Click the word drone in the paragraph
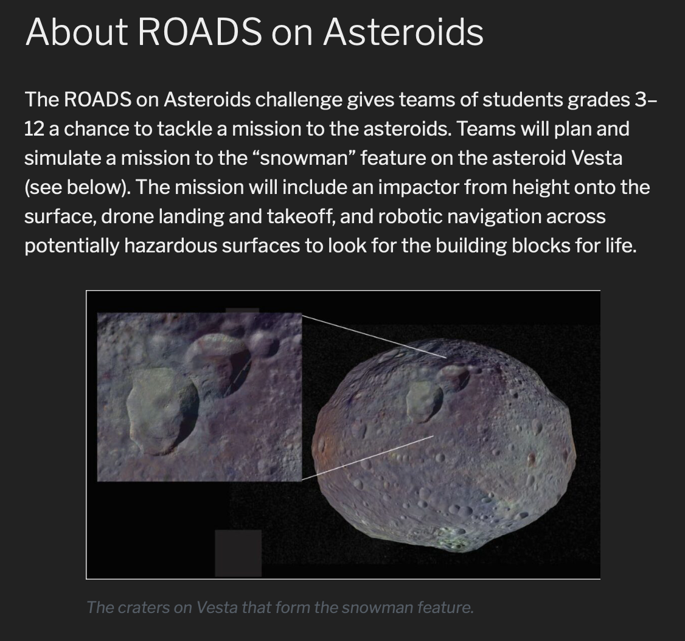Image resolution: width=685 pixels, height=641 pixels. pyautogui.click(x=128, y=216)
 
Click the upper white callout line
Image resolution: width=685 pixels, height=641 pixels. pyautogui.click(x=374, y=336)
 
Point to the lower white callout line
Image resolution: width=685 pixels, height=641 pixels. pyautogui.click(x=368, y=457)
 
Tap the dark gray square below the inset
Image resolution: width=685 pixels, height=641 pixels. pyautogui.click(x=238, y=553)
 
